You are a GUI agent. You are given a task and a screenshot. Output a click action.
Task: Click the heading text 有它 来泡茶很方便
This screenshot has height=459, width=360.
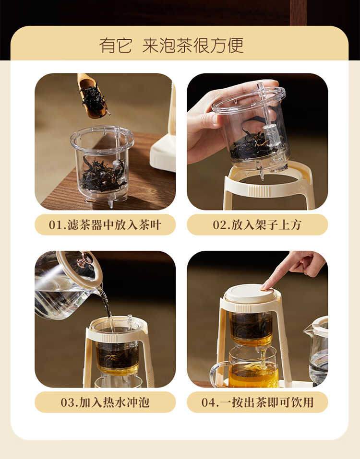pyautogui.click(x=171, y=46)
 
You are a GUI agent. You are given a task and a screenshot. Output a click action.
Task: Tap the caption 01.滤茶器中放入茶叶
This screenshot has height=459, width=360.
pyautogui.click(x=105, y=225)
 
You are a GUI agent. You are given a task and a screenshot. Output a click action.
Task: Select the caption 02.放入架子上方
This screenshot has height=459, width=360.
pyautogui.click(x=257, y=225)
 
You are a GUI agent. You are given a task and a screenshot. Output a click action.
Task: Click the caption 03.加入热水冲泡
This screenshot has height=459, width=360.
pyautogui.click(x=105, y=402)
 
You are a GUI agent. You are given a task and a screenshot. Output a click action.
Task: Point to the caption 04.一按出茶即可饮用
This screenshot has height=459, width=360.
pyautogui.click(x=257, y=402)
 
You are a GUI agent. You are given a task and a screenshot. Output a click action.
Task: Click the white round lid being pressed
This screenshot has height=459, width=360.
pyautogui.click(x=249, y=294)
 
